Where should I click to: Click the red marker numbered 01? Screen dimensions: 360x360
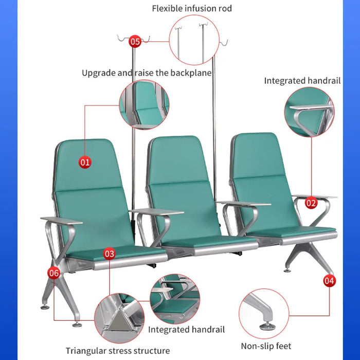[x=85, y=163]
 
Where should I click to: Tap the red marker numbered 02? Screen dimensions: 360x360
[x=311, y=203]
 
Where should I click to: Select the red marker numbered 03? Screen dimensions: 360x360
[x=109, y=254]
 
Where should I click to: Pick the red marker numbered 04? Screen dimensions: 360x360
[x=329, y=281]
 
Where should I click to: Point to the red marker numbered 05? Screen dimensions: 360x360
[x=135, y=42]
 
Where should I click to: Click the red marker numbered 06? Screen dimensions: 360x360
[x=54, y=273]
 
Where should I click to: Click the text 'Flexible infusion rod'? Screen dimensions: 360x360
[x=192, y=9]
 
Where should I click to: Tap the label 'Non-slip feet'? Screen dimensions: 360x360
[x=266, y=346]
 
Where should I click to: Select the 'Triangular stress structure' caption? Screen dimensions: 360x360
[x=118, y=351]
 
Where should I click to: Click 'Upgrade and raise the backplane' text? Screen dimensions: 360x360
[x=147, y=73]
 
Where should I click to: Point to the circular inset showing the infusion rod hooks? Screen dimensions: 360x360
[x=194, y=40]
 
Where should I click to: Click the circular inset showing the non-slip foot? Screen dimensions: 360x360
[x=264, y=314]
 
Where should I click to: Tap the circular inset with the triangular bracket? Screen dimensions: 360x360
[x=119, y=318]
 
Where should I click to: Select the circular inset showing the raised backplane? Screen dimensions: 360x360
[x=144, y=105]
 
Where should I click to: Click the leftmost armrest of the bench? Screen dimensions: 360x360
[x=62, y=221]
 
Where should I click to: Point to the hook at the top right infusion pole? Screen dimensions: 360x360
[x=224, y=43]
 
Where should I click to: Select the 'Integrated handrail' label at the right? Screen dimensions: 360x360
[x=302, y=81]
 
